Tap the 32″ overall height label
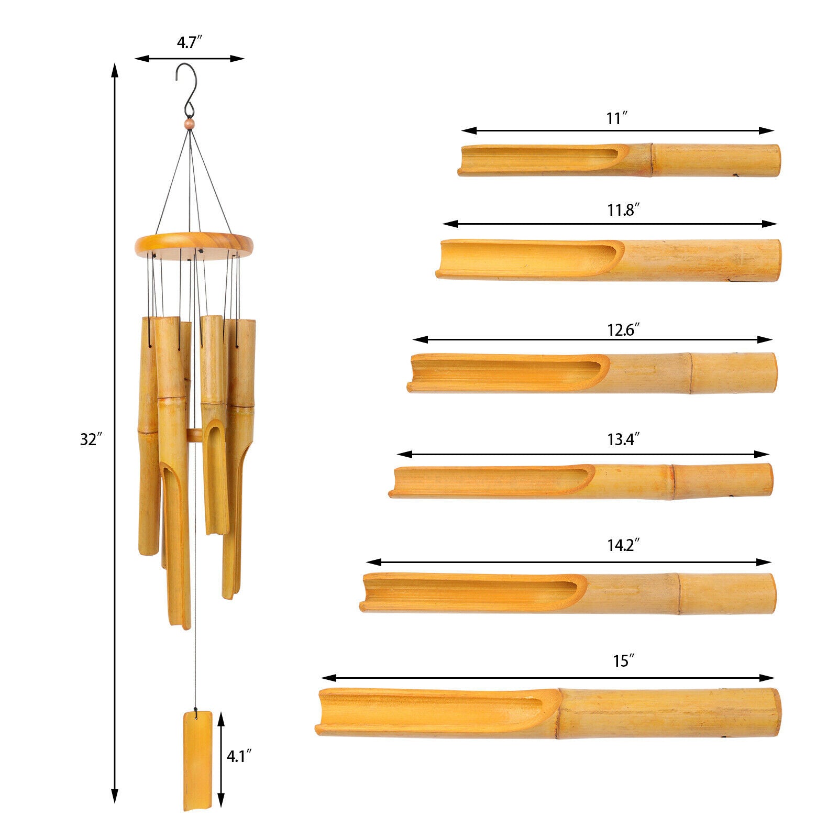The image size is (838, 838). pos(90,439)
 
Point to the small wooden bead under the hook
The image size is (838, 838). pos(189,124)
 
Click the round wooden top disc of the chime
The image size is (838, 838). pos(194,244)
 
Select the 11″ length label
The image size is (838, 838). pos(617,119)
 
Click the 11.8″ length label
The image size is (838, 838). pos(624,211)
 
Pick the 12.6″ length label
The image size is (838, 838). pos(624,330)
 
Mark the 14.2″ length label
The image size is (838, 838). pos(624,546)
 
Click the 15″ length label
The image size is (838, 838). pos(621,661)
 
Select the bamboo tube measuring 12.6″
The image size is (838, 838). pos(592,373)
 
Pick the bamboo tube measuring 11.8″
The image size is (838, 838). pos(608,260)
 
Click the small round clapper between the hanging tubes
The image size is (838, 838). pos(195,435)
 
